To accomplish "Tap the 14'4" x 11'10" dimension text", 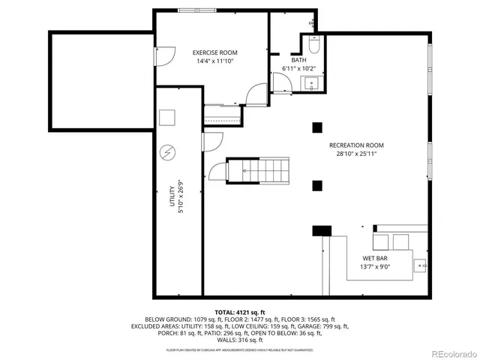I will click(214, 61).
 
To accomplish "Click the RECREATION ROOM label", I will click(356, 145).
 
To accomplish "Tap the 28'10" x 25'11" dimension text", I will click(356, 154).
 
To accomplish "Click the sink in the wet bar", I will click(421, 265).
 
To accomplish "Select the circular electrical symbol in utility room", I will click(166, 152).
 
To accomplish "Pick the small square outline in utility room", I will click(166, 118).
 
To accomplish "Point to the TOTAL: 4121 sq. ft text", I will click(239, 312).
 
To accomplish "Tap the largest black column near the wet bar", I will click(322, 231).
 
